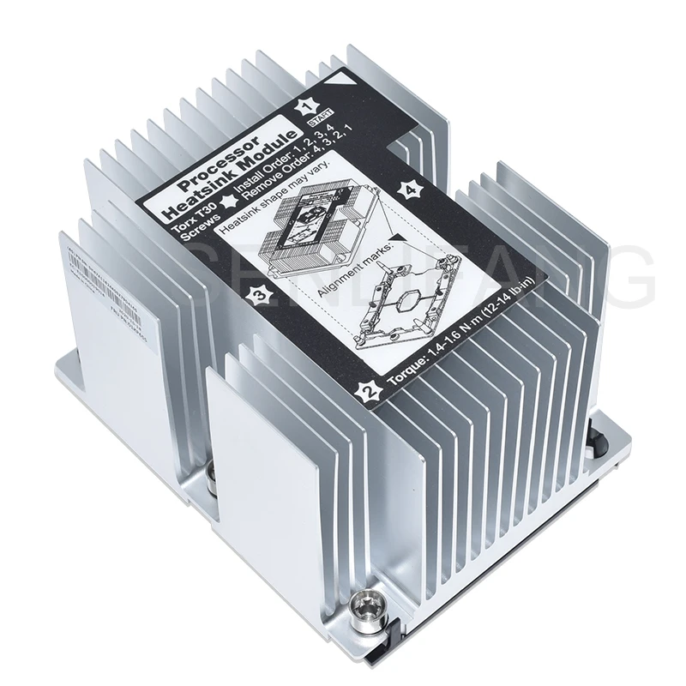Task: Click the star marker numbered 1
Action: click(x=304, y=107)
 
